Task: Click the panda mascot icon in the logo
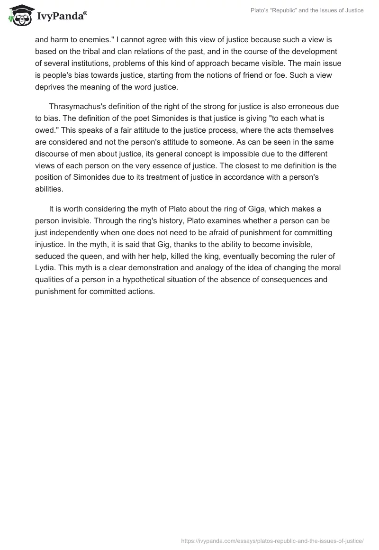coord(19,17)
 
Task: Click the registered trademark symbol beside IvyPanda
coord(85,13)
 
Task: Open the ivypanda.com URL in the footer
coord(272,540)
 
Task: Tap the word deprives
coord(51,87)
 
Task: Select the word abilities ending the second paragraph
coord(49,189)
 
